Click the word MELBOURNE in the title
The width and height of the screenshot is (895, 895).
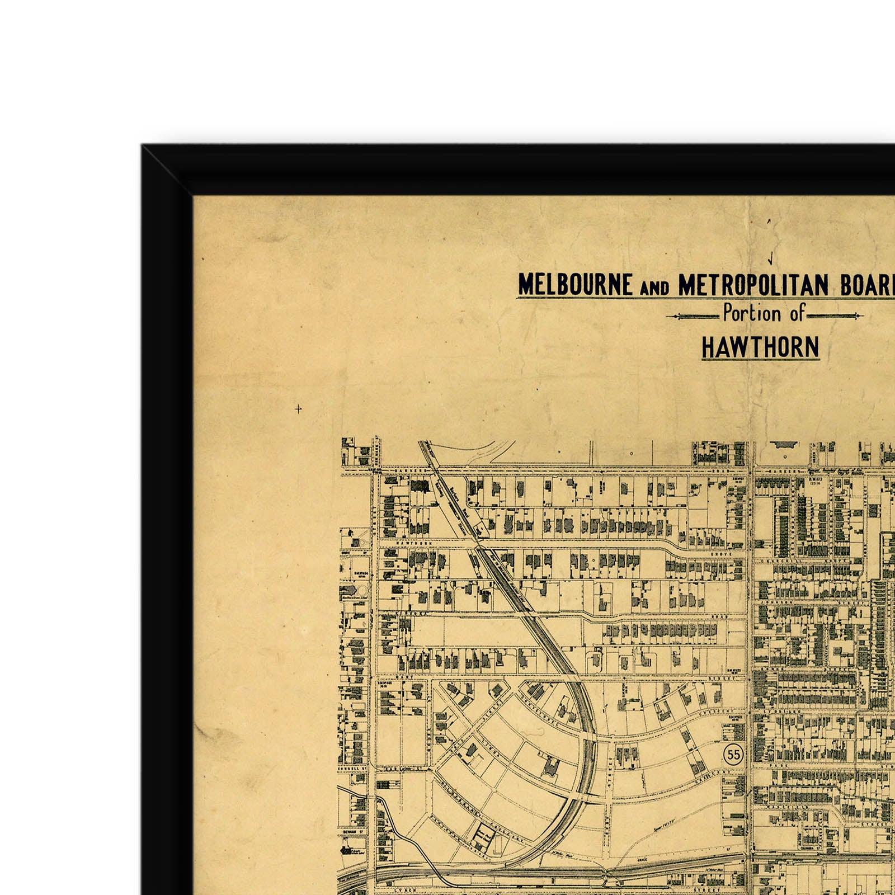pos(575,285)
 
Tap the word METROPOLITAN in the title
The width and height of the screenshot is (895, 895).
pos(753,285)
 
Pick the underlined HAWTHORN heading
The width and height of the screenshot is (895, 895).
pos(760,347)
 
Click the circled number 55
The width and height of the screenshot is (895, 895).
pos(733,755)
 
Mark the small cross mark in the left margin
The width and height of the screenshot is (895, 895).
pos(298,409)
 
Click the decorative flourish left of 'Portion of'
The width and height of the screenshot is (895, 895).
pos(693,317)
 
